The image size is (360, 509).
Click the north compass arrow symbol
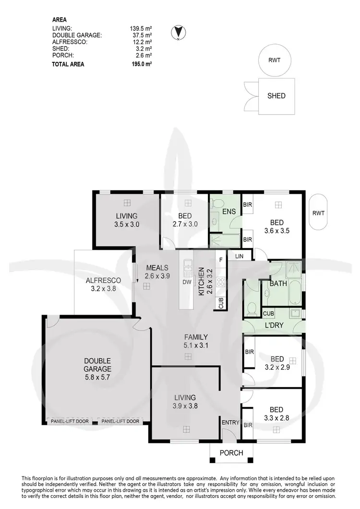point(178,32)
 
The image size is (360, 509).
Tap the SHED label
point(276,95)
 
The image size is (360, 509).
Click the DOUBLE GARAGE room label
point(97,365)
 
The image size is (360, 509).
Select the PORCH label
point(231,453)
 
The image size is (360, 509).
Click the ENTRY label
point(230,422)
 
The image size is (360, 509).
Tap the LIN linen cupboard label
point(239,257)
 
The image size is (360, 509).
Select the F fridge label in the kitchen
point(221,260)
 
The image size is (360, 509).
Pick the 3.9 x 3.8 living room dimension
point(185,405)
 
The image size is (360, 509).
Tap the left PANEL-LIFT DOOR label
point(69,421)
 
